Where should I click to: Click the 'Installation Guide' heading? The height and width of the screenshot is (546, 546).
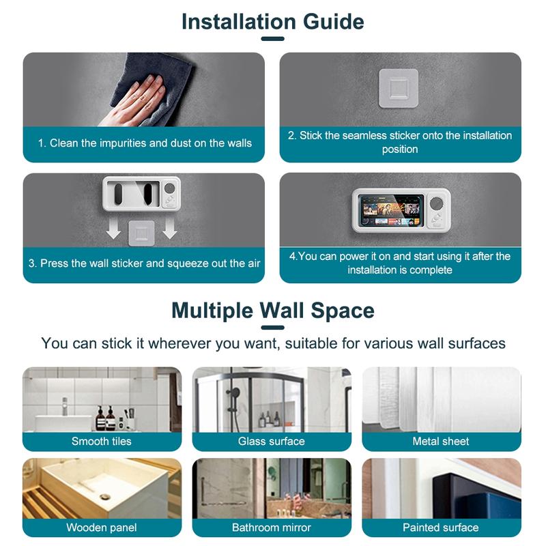[x=272, y=21]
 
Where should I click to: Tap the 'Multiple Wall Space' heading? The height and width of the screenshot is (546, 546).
[x=272, y=311]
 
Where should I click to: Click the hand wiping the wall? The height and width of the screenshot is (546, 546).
[x=134, y=99]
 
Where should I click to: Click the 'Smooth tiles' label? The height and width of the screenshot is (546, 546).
[x=102, y=442]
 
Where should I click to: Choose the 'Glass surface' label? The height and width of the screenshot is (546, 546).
[x=272, y=442]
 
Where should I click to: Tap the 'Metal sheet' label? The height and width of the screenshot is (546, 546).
[x=441, y=442]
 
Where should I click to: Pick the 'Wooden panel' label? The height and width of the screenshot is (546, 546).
[x=102, y=528]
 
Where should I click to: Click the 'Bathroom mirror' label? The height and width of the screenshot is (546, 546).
[x=272, y=528]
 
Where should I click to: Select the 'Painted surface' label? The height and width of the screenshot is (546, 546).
[x=441, y=528]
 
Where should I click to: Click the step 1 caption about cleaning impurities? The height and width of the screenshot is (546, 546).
[x=144, y=143]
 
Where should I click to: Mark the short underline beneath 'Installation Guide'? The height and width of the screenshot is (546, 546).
[x=272, y=39]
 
